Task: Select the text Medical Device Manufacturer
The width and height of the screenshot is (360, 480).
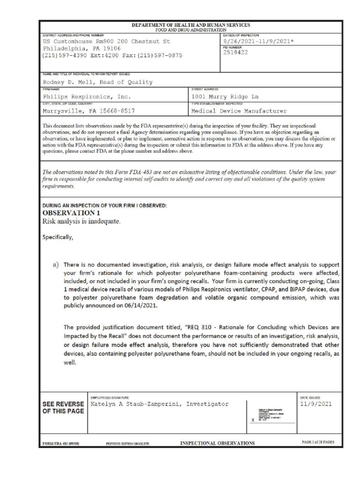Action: [x=239, y=111]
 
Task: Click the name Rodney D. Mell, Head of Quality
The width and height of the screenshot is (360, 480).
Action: [x=97, y=82]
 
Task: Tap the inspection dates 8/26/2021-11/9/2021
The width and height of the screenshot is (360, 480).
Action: [x=259, y=41]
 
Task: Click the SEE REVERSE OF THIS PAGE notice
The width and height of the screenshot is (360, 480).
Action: [x=63, y=407]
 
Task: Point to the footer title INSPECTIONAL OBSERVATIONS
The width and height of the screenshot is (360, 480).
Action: [x=217, y=443]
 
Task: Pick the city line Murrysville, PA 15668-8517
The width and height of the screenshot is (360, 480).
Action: [x=86, y=111]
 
